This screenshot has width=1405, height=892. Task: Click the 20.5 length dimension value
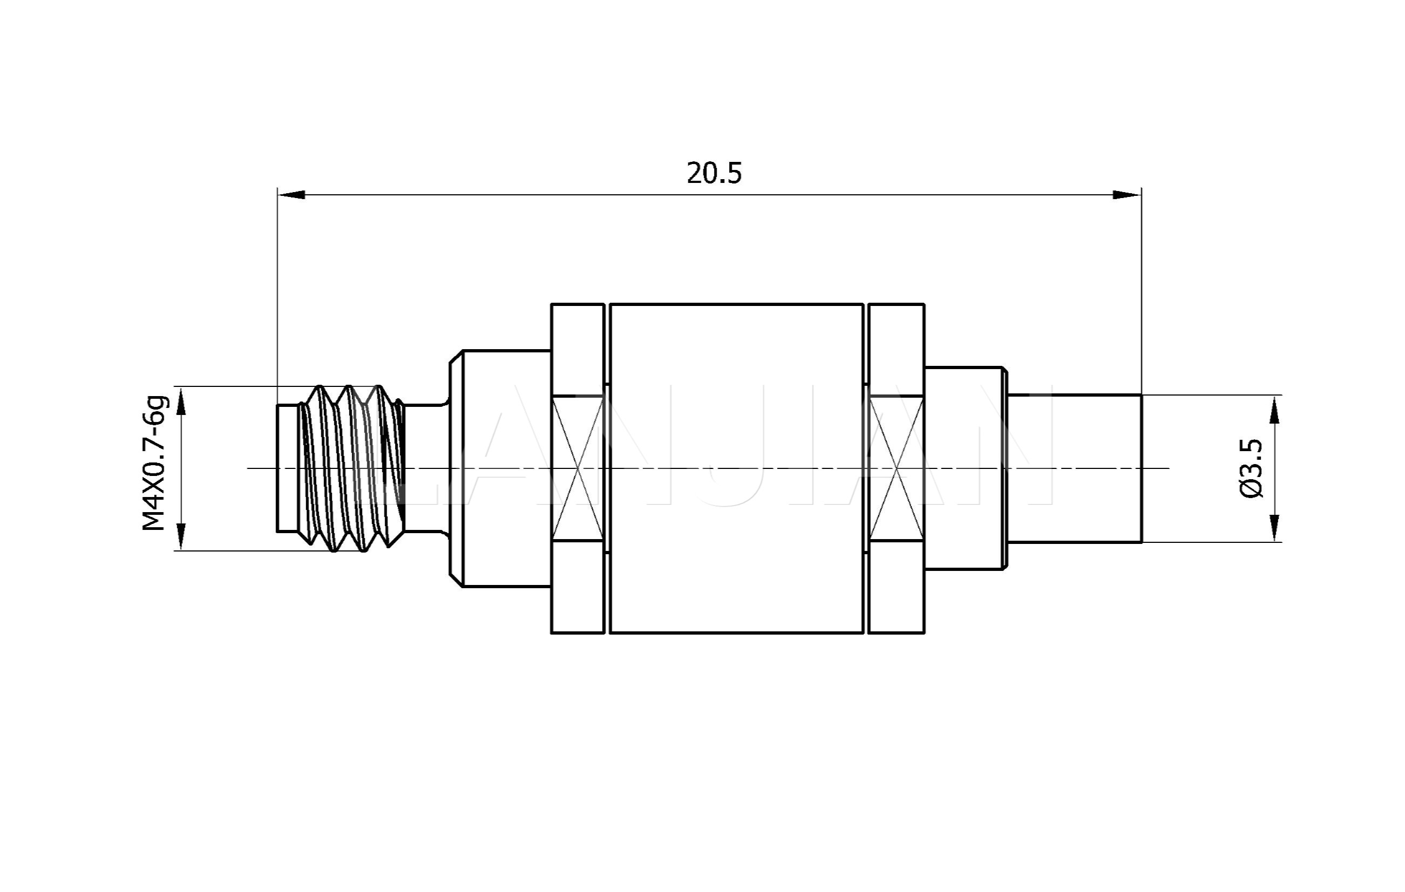pyautogui.click(x=714, y=173)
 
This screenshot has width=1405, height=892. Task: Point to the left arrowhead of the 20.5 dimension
pyautogui.click(x=291, y=195)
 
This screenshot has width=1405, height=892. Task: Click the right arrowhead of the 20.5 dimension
pyautogui.click(x=1127, y=195)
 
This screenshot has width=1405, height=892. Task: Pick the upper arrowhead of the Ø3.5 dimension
pyautogui.click(x=1275, y=409)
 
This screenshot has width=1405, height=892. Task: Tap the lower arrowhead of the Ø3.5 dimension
pyautogui.click(x=1275, y=528)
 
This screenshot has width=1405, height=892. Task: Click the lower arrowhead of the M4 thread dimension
pyautogui.click(x=181, y=537)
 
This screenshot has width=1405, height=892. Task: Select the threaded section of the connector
pyautogui.click(x=352, y=468)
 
